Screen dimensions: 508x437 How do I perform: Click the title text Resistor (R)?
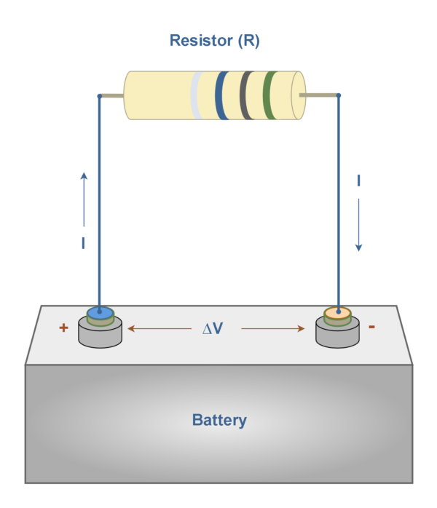(214, 41)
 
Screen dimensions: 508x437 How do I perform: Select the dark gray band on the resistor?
(247, 95)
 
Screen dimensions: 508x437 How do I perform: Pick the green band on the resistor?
(270, 95)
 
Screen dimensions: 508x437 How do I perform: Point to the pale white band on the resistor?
(196, 95)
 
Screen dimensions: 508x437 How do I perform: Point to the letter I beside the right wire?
(358, 180)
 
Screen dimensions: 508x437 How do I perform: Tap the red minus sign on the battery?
(372, 328)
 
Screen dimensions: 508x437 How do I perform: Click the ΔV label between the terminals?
(212, 329)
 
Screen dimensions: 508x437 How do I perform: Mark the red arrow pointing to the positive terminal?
(156, 329)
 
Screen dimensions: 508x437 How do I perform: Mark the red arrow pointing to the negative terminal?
(272, 329)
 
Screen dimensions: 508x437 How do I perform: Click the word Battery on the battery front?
(219, 420)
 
